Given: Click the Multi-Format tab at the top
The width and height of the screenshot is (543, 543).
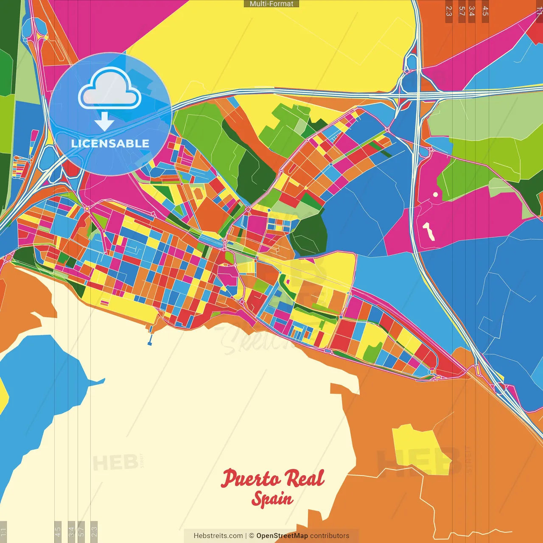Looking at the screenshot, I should [x=271, y=4].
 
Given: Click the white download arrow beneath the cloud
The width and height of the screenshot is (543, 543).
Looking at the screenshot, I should [x=104, y=122].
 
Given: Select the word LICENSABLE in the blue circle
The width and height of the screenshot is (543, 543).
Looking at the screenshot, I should [x=110, y=143].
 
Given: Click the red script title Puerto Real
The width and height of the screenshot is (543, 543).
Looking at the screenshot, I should [x=272, y=478].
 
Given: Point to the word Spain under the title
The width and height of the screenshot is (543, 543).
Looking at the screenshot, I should [x=272, y=499].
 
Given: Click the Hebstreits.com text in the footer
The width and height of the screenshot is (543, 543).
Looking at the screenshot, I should [x=218, y=536].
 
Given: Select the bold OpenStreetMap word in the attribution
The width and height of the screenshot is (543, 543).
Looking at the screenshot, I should [x=282, y=536].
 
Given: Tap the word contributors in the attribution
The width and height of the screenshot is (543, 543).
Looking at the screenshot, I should [x=330, y=536].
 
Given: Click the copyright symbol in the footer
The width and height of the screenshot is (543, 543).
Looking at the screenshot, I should [x=252, y=536].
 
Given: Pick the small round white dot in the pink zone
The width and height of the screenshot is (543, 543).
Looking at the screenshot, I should [x=435, y=195].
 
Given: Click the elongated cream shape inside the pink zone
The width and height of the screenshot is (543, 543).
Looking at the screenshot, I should [x=428, y=231].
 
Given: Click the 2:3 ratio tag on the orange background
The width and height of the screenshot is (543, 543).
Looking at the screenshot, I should [x=449, y=11].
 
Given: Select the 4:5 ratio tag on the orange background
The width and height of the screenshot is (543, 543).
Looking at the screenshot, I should [x=485, y=11].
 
